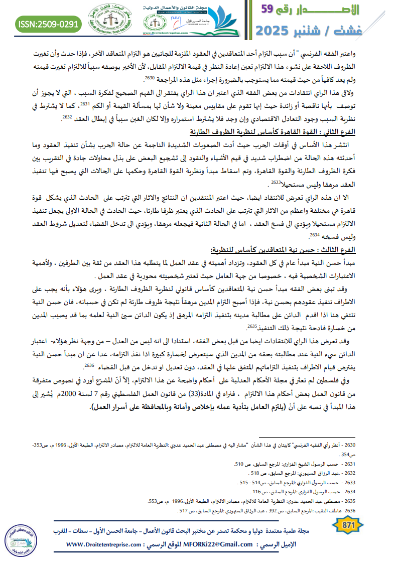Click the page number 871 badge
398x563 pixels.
coord(348,525)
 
